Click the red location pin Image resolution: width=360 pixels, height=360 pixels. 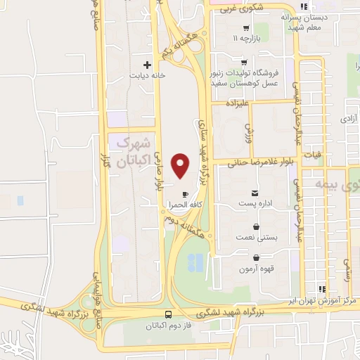pos(181,165)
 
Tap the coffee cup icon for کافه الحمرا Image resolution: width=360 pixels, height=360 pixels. pos(185,194)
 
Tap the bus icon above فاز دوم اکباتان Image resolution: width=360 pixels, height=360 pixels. pos(168,315)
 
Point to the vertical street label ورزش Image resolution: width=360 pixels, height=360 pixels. pos(247,131)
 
